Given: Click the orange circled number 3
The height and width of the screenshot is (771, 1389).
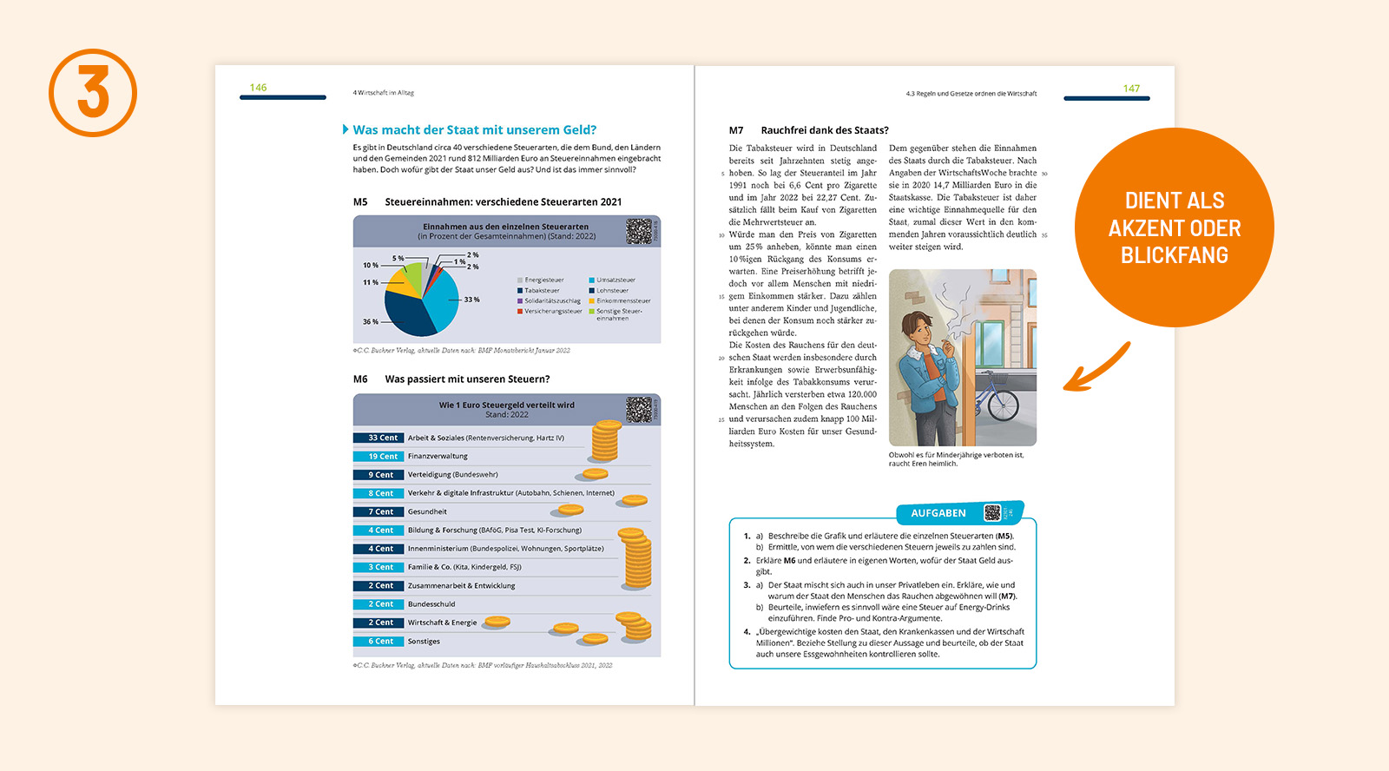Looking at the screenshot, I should tap(93, 92).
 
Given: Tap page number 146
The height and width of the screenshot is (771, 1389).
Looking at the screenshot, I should tap(258, 88).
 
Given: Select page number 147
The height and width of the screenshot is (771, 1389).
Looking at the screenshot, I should tap(1131, 89).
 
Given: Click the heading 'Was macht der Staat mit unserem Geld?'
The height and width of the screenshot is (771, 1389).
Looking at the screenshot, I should tap(474, 130).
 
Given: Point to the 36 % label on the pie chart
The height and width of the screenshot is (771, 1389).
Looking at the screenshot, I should tap(371, 322).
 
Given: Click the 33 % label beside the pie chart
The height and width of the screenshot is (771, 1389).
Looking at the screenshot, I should tap(471, 300).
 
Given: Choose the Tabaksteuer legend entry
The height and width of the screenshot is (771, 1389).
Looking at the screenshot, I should tap(542, 291).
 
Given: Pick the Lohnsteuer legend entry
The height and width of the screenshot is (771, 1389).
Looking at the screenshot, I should tap(612, 291).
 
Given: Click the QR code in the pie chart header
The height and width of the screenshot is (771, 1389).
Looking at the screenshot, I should tap(639, 231).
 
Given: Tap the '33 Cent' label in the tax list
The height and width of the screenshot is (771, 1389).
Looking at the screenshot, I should tap(379, 438).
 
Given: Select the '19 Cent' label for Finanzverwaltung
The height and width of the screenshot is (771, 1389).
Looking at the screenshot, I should tap(379, 457).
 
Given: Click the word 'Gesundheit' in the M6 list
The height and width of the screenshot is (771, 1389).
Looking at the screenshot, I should tap(427, 512).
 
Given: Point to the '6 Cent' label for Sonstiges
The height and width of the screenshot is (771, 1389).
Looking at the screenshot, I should tap(379, 642).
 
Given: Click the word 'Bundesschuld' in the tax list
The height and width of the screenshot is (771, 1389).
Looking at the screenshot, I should tap(431, 604).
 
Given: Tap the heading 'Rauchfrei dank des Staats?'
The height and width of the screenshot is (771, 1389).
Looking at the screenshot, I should tap(825, 130).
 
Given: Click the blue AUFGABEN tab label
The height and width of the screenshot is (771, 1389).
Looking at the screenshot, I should tap(938, 513).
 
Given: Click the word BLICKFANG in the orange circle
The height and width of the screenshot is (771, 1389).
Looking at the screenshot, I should tap(1174, 256).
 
